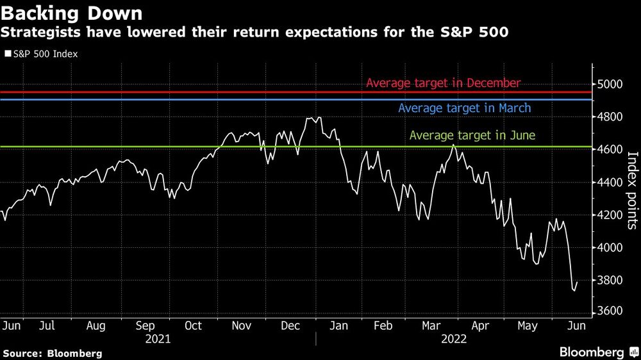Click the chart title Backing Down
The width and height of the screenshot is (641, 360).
click(72, 13)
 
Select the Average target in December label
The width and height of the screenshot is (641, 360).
click(444, 83)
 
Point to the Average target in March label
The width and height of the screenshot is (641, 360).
click(465, 108)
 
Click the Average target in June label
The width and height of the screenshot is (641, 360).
click(472, 136)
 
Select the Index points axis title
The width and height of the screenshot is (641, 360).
click(631, 190)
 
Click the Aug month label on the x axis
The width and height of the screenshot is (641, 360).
click(96, 326)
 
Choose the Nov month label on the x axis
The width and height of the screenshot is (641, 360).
click(242, 326)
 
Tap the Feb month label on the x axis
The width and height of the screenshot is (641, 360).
click(383, 326)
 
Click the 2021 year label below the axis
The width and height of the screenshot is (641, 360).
click(158, 338)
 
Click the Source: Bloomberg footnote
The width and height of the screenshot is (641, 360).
click(53, 353)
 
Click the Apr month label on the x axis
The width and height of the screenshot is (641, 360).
click(480, 326)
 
